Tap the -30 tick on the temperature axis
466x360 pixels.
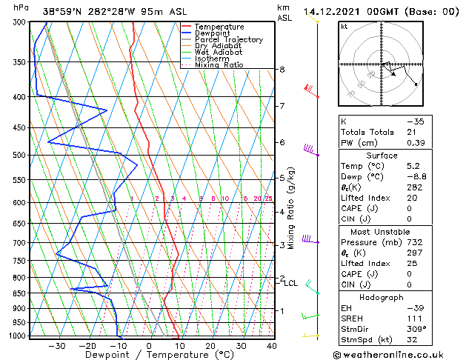pos(56,345)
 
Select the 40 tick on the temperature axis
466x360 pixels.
pos(272,345)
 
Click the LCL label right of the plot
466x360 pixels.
pos(290,283)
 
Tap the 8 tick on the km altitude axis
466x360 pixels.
pos(282,70)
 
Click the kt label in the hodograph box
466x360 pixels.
pos(344,26)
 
